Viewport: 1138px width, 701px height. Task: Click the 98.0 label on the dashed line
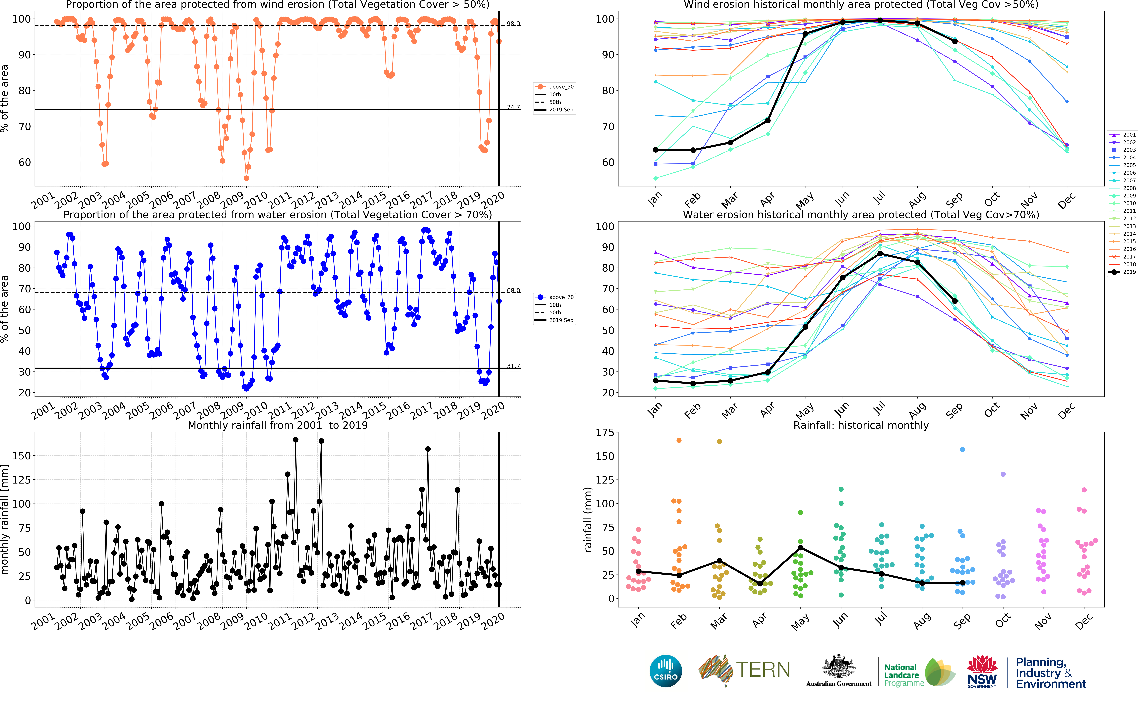coord(513,24)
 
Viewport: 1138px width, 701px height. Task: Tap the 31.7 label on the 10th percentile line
coord(513,366)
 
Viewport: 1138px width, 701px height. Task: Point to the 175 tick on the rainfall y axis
coord(605,433)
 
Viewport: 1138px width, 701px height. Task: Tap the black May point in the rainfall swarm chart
coord(800,548)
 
